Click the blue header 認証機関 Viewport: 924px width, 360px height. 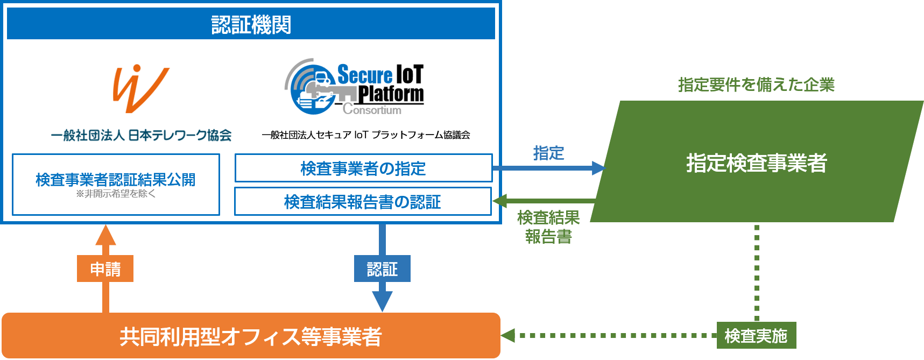pyautogui.click(x=251, y=24)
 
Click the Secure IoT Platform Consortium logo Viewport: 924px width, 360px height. pyautogui.click(x=355, y=87)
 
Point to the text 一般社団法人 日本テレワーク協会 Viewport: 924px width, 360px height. pyautogui.click(x=141, y=135)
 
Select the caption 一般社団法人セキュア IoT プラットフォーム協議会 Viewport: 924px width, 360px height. pyautogui.click(x=366, y=135)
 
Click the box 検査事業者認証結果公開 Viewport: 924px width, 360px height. pyautogui.click(x=116, y=180)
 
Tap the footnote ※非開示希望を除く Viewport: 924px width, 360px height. pyautogui.click(x=116, y=194)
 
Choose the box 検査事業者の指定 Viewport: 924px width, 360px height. pyautogui.click(x=363, y=168)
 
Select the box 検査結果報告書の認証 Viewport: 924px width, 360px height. pyautogui.click(x=363, y=202)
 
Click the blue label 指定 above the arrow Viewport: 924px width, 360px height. pyautogui.click(x=548, y=153)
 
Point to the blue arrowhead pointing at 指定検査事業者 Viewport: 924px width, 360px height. pyautogui.click(x=598, y=168)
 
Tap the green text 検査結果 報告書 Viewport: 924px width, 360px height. pyautogui.click(x=548, y=227)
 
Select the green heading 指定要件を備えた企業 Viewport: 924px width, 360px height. pyautogui.click(x=756, y=84)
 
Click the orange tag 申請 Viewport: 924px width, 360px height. pyautogui.click(x=105, y=269)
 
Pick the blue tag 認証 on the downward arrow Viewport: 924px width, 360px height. pyautogui.click(x=382, y=269)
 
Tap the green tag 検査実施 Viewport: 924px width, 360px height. pyautogui.click(x=756, y=336)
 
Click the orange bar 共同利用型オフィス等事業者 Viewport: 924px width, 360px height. pyautogui.click(x=251, y=336)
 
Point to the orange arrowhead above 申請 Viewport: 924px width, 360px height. pyautogui.click(x=105, y=235)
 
